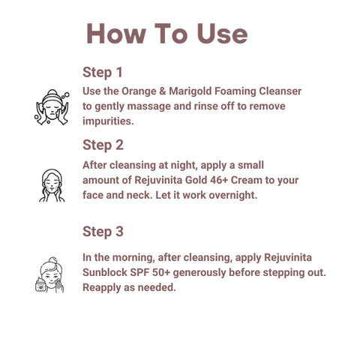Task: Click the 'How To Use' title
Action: (167, 34)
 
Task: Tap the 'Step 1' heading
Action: (103, 73)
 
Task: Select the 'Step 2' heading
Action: (103, 145)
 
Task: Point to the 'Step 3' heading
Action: (103, 232)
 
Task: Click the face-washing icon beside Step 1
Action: (52, 107)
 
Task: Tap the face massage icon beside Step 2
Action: (52, 185)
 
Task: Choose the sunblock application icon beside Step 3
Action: (49, 274)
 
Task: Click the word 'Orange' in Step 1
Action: (139, 91)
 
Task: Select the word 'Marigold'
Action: (190, 91)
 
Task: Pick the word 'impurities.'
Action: (108, 121)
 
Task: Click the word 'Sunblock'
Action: (105, 272)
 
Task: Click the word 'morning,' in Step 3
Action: (133, 258)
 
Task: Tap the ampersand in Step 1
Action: (163, 91)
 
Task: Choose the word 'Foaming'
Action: (235, 91)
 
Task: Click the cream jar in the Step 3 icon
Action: (40, 285)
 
